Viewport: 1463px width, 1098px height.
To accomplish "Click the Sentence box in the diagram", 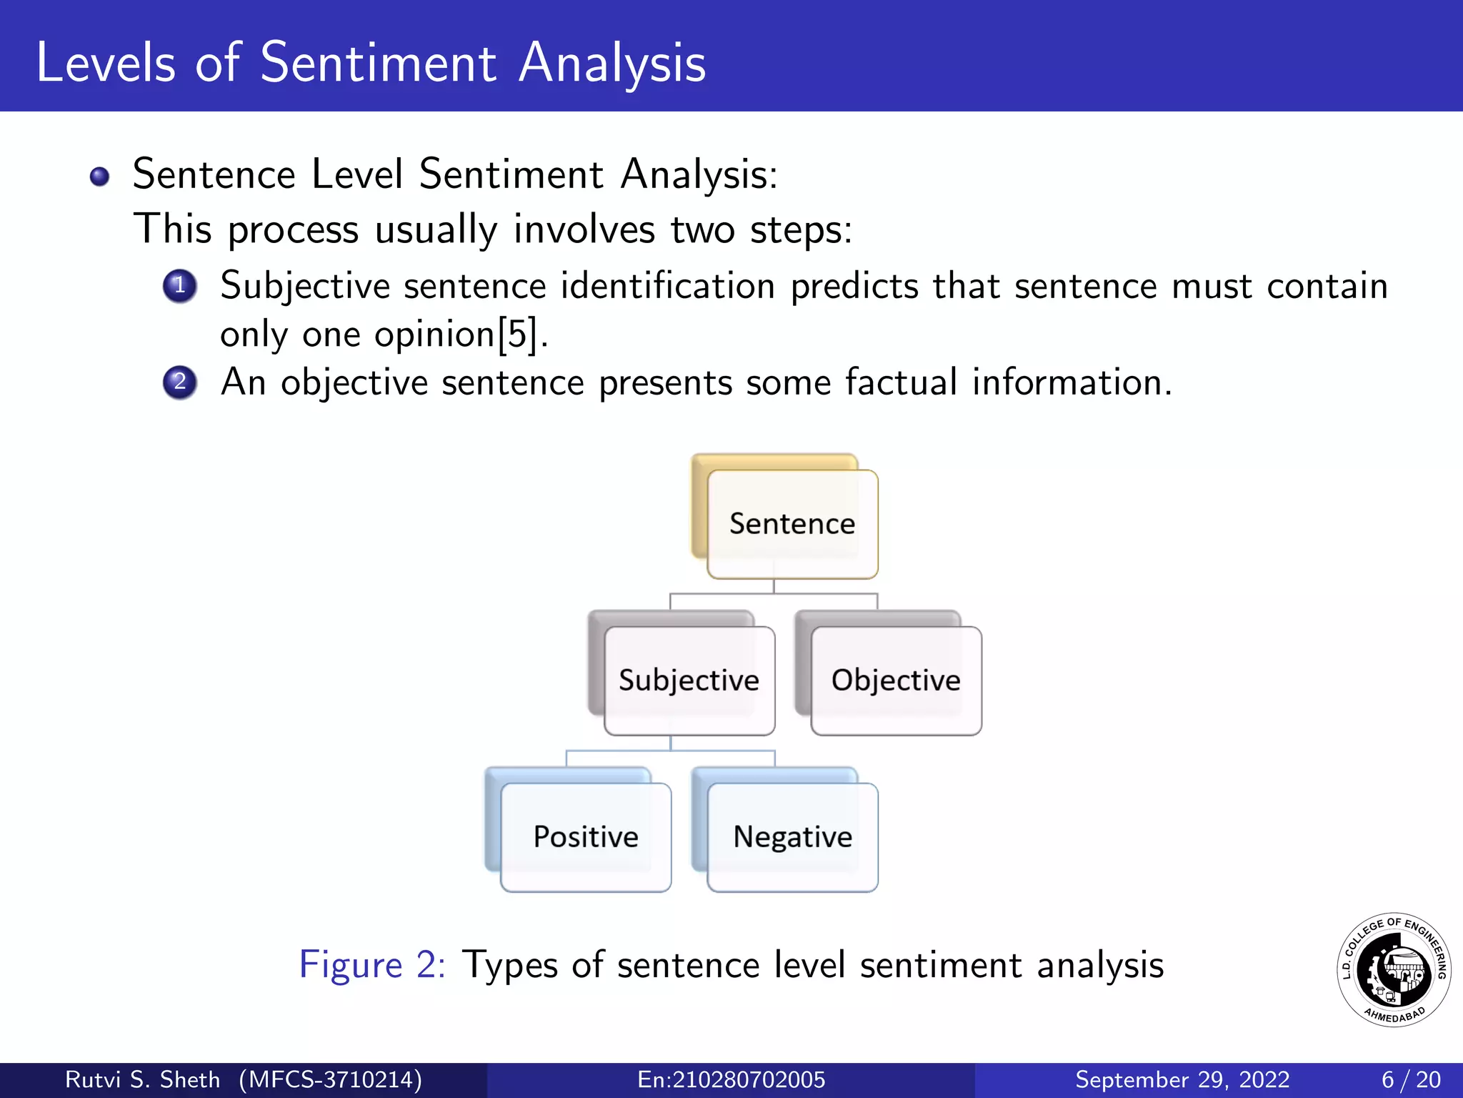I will click(x=792, y=524).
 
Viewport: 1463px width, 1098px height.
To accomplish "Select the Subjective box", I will click(x=689, y=680).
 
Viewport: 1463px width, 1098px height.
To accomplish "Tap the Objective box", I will click(x=896, y=680).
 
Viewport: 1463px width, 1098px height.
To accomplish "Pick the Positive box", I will click(x=586, y=836).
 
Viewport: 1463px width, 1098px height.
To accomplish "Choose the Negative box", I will click(x=792, y=836).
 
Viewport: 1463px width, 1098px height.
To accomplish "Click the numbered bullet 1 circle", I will click(x=180, y=286).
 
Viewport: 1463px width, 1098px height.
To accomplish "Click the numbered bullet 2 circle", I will click(x=180, y=382).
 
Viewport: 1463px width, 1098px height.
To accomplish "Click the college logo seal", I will click(x=1394, y=970).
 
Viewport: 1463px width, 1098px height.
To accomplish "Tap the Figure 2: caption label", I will click(x=372, y=964).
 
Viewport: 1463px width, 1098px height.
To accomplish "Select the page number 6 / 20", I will click(x=1411, y=1079).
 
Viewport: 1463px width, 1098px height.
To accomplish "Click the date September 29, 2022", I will click(x=1182, y=1079).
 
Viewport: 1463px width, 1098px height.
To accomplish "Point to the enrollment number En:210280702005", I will click(x=731, y=1079).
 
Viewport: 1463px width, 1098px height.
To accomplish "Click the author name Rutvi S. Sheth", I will click(x=142, y=1079).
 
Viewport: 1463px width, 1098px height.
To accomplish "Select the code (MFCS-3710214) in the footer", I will click(x=330, y=1079).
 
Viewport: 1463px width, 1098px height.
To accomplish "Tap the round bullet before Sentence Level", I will click(x=100, y=176).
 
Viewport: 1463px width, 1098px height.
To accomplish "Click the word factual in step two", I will click(x=900, y=382).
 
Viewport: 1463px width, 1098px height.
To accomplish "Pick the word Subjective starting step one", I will click(x=305, y=286).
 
